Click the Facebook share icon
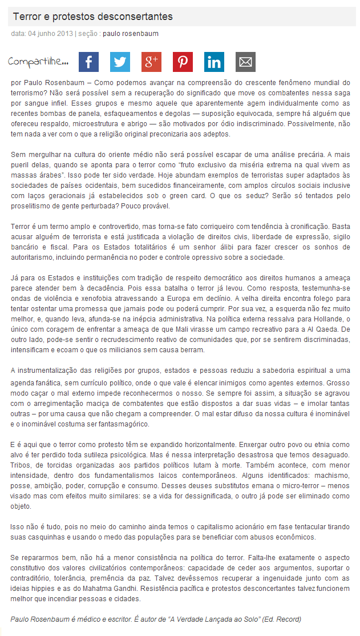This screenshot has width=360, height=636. [x=88, y=62]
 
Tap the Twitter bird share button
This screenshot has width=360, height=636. [x=120, y=62]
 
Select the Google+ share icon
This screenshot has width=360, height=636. [x=151, y=62]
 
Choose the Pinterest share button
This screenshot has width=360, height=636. [x=183, y=62]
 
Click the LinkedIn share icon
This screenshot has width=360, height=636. [x=214, y=62]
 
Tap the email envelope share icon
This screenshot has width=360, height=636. [x=245, y=62]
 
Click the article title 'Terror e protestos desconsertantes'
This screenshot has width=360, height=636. [x=92, y=17]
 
